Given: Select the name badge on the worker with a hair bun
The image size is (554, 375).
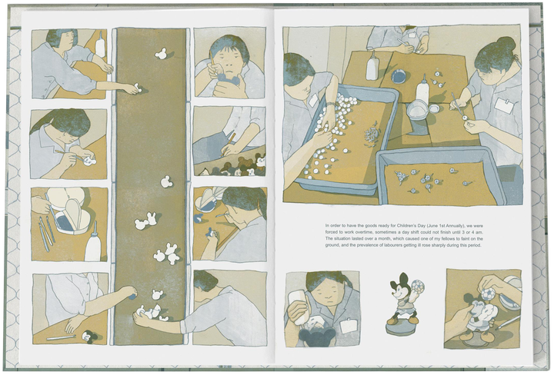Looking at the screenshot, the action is tap(503, 105).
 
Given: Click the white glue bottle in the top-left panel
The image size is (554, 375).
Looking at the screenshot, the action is tap(100, 45).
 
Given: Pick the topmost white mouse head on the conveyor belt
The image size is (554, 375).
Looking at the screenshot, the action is tap(160, 54).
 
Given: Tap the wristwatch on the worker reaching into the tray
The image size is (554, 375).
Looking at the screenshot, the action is tap(330, 104).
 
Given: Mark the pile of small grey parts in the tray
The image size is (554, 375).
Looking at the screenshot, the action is tap(372, 134).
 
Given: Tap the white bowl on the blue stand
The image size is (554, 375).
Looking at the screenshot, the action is tap(418, 108).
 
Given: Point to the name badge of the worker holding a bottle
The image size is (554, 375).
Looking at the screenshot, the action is tap(348, 326).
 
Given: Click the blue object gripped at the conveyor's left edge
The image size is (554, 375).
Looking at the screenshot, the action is tap(132, 296).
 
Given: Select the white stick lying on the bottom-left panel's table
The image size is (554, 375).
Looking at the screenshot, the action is tap(62, 337).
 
